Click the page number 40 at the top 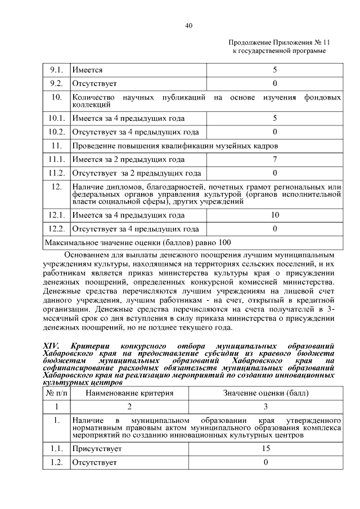pos(188,25)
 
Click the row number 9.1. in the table pos(56,70)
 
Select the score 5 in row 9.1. pos(274,70)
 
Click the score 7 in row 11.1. pos(274,159)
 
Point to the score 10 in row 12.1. pos(274,215)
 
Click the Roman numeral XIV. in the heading pos(51,345)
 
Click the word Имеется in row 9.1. pos(87,70)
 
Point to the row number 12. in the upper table pos(56,187)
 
